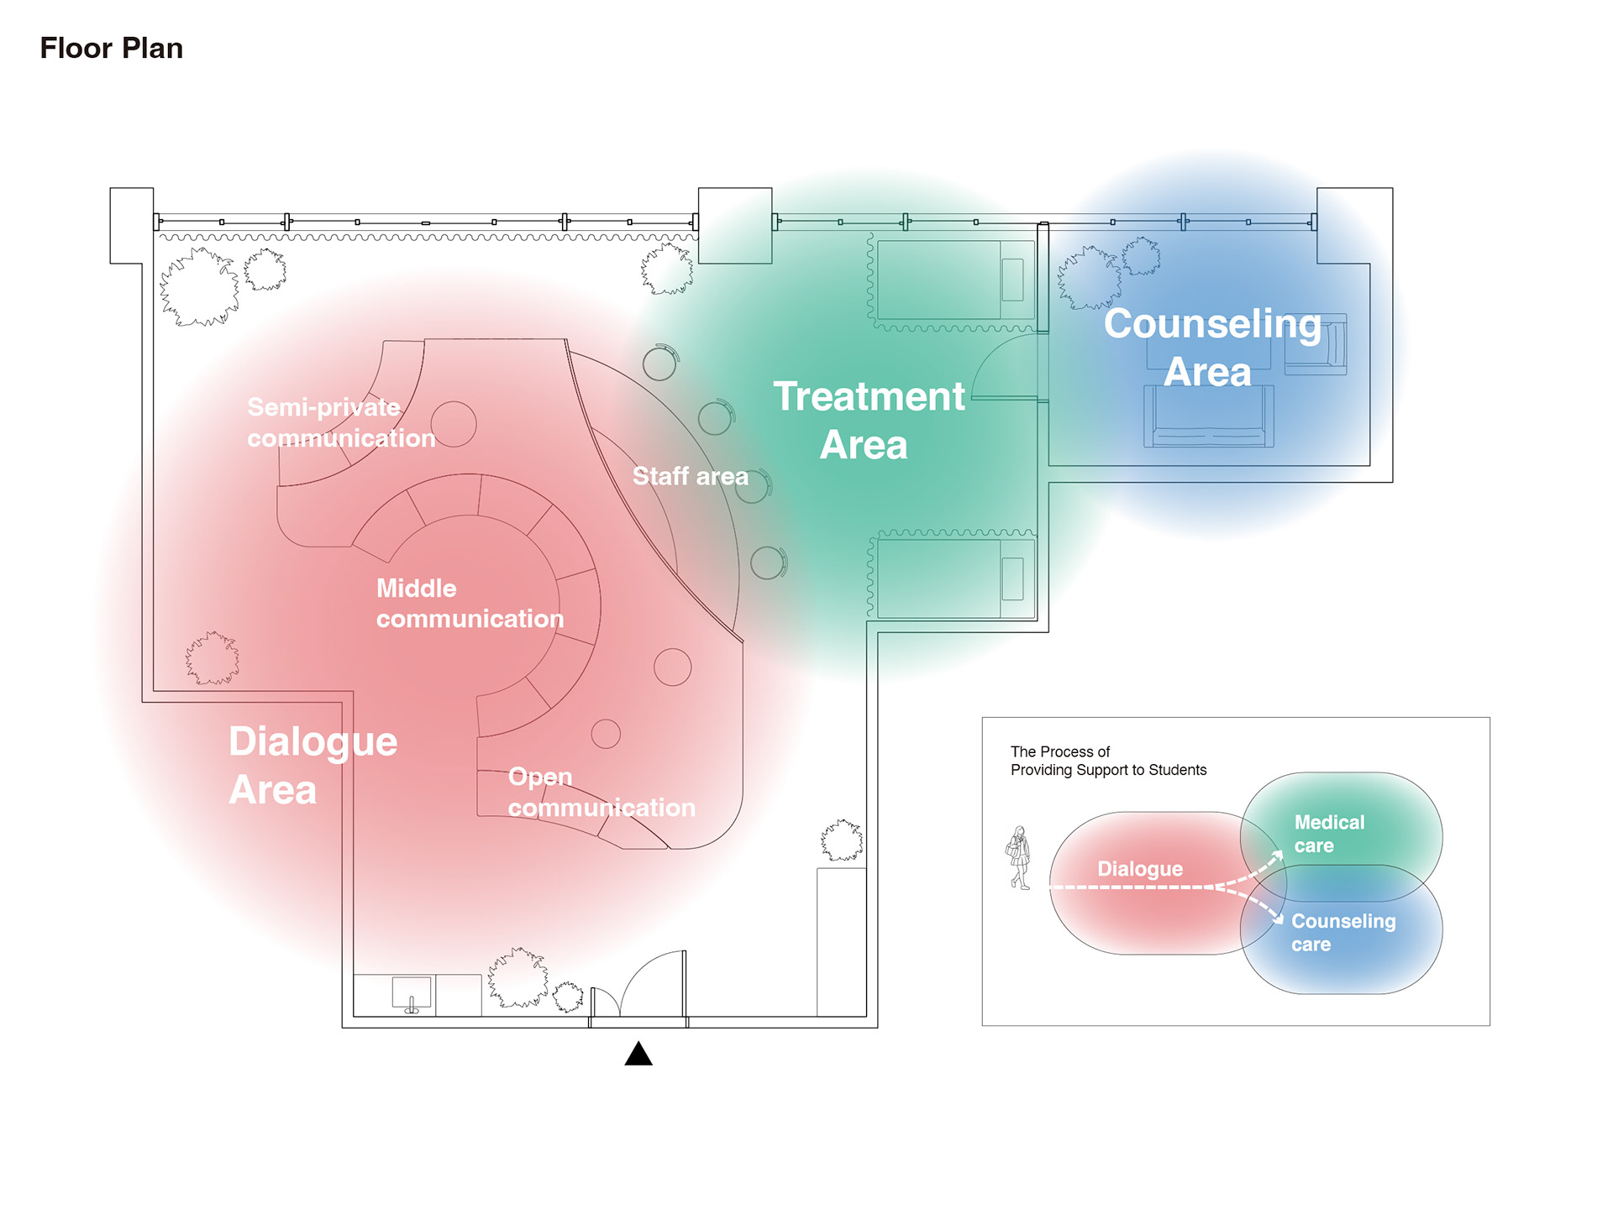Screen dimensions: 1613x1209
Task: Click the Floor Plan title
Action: click(x=112, y=49)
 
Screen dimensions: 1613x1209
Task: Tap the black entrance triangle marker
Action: click(x=638, y=1054)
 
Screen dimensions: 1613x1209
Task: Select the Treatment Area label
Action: click(x=868, y=420)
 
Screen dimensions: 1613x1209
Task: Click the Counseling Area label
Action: click(x=1211, y=348)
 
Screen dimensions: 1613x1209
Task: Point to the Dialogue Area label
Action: click(x=313, y=766)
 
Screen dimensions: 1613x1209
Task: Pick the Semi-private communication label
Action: click(x=340, y=423)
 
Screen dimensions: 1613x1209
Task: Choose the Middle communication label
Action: click(x=470, y=604)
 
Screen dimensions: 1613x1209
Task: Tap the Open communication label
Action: click(x=602, y=793)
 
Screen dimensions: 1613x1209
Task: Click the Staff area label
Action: click(x=690, y=476)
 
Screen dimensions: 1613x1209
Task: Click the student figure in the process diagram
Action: click(x=1019, y=857)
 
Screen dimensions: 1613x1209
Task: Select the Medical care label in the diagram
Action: click(x=1329, y=834)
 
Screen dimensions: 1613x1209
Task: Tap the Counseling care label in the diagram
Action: click(x=1343, y=933)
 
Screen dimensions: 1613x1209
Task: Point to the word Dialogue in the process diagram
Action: click(x=1140, y=869)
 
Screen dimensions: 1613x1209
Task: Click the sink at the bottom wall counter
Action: click(x=412, y=993)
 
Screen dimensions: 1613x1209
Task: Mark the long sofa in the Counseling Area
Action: click(x=1209, y=416)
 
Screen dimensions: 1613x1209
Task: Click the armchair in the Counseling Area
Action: click(x=1316, y=344)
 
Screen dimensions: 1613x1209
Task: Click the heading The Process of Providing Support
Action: click(x=1108, y=761)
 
